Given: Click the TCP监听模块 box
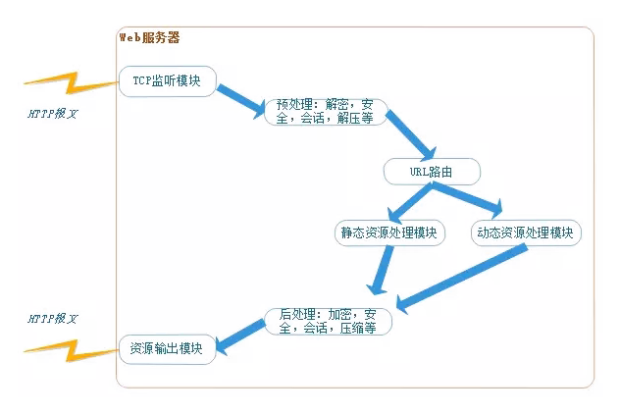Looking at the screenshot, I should [167, 81].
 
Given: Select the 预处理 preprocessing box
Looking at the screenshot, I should [326, 111].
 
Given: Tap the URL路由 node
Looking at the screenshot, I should [432, 172].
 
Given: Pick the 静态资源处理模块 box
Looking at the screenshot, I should [389, 233].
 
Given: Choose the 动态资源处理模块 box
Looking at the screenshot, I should [526, 233].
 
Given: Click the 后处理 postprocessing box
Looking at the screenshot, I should [328, 322].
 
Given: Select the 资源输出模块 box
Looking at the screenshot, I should [167, 348].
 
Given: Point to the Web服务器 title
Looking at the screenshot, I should [149, 38].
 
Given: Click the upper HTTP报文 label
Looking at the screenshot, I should [52, 114].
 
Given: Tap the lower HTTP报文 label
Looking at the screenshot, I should [52, 320].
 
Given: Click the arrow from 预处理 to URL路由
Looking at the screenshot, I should [410, 135].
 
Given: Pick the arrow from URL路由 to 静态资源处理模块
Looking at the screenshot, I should [411, 202].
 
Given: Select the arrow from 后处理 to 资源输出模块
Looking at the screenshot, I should [240, 336].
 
